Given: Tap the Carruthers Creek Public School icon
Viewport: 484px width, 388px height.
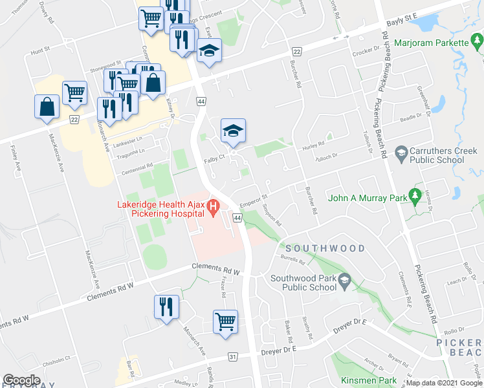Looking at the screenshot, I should click(401, 153).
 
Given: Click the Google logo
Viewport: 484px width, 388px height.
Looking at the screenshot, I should click(21, 380).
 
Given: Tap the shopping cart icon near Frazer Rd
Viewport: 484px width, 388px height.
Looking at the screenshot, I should click(225, 321).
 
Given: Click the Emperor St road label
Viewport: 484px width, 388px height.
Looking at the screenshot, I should click(253, 199).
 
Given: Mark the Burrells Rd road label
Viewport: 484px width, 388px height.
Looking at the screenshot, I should click(292, 259).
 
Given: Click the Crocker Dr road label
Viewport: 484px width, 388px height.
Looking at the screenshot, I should click(368, 49).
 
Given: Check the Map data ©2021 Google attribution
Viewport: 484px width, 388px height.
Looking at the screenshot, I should click(444, 383).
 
